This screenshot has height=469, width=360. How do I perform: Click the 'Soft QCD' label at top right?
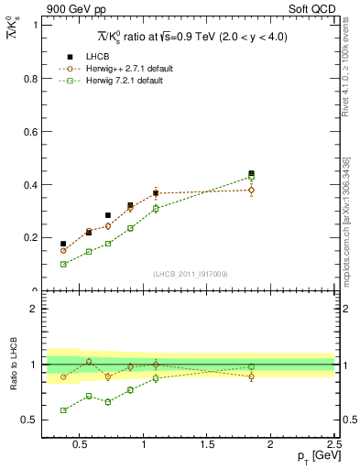coord(314,10)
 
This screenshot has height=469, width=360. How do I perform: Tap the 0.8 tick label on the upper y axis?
coord(30,78)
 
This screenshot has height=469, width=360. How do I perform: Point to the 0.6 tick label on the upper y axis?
coord(30,131)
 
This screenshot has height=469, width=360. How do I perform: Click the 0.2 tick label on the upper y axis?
coord(30,237)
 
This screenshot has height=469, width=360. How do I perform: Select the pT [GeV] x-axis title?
coord(312,457)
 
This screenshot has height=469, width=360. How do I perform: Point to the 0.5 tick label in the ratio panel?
coord(30,420)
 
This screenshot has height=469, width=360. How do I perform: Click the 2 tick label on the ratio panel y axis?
coord(34,309)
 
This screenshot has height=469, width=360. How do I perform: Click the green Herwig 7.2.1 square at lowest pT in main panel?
coord(63,264)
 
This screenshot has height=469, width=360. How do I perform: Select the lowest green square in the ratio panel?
coord(63,410)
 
